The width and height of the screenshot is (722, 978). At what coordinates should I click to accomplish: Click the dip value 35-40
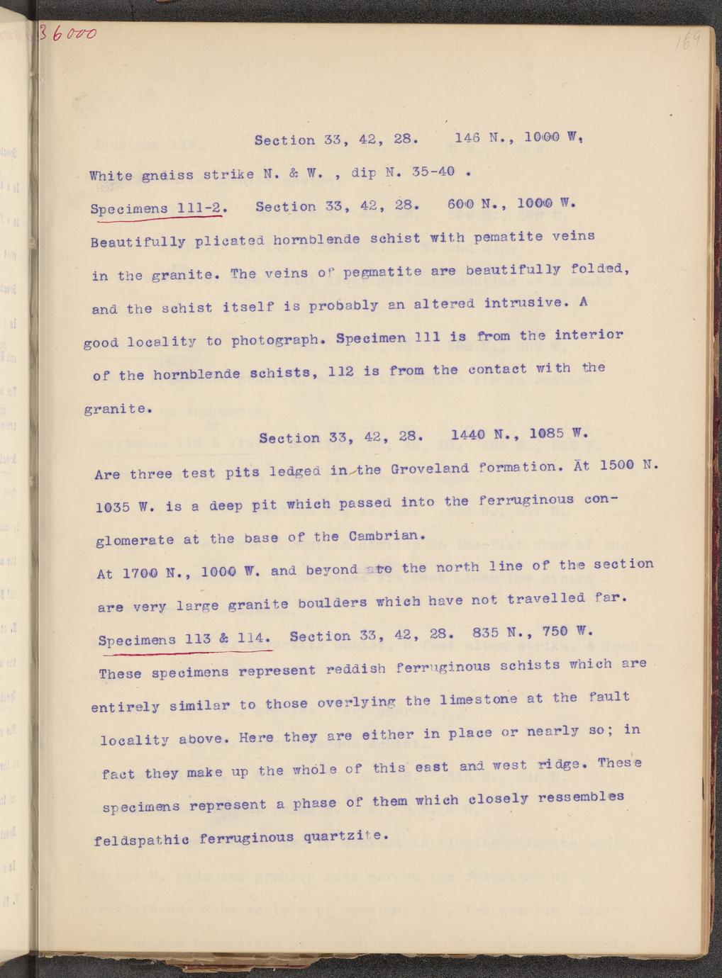click(431, 172)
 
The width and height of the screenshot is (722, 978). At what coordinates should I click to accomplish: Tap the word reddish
click(357, 668)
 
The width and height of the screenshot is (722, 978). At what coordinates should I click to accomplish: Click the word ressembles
click(581, 797)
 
